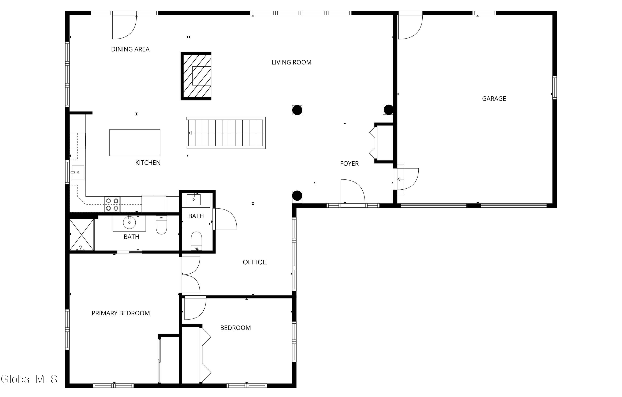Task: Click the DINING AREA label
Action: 130,49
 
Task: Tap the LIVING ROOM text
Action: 291,62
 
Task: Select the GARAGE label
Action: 494,99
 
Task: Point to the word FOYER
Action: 349,164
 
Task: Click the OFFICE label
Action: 255,262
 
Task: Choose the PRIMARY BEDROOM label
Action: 121,313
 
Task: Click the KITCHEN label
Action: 148,163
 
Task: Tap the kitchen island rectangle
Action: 135,143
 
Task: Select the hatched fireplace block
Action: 196,76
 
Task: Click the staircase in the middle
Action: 226,133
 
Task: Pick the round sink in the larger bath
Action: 129,223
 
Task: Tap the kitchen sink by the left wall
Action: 78,172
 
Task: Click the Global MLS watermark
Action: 29,379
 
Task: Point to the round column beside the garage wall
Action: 388,110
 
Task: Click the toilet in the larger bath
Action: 162,225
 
